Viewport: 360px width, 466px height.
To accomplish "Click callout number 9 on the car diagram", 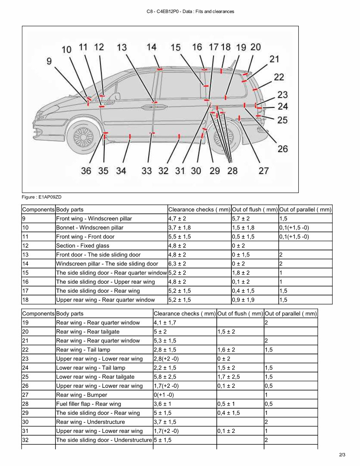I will (x=49, y=61).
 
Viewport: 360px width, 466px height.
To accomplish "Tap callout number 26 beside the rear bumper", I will (x=282, y=149).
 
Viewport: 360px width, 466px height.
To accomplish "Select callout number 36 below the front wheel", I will (x=86, y=171).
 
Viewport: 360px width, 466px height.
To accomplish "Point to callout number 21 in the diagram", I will (x=274, y=59).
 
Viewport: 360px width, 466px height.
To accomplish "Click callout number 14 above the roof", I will (x=151, y=47).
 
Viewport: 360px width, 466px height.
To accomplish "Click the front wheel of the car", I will (x=84, y=137).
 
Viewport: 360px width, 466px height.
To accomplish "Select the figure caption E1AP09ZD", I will (x=42, y=197).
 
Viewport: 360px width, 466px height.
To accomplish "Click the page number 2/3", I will (x=342, y=455).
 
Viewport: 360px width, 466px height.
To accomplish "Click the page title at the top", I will (x=190, y=12).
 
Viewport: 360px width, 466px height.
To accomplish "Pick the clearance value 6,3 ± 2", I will (x=177, y=264).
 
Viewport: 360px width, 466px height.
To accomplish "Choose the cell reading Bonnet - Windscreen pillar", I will (x=90, y=228).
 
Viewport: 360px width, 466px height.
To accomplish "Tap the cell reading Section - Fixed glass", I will (x=83, y=246).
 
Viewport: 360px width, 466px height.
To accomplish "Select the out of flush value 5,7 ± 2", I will (x=241, y=219).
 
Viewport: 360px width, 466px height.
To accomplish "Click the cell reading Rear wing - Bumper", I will (x=82, y=395).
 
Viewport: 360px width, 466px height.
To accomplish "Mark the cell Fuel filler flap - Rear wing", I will (x=89, y=404).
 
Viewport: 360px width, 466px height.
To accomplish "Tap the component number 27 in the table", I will (x=26, y=395).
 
